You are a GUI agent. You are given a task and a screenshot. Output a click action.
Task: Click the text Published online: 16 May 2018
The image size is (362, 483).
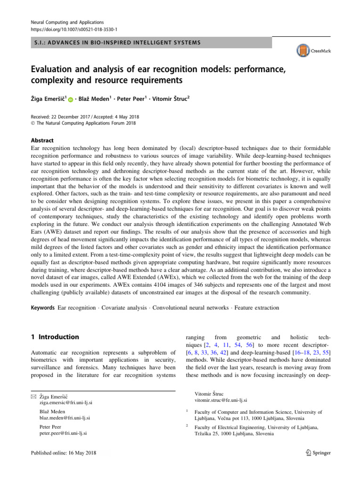tap(62, 452)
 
